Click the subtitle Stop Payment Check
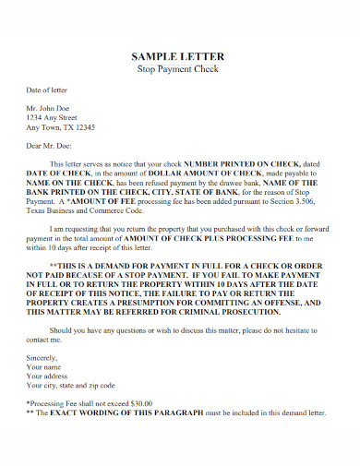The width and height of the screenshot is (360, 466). pyautogui.click(x=180, y=69)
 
